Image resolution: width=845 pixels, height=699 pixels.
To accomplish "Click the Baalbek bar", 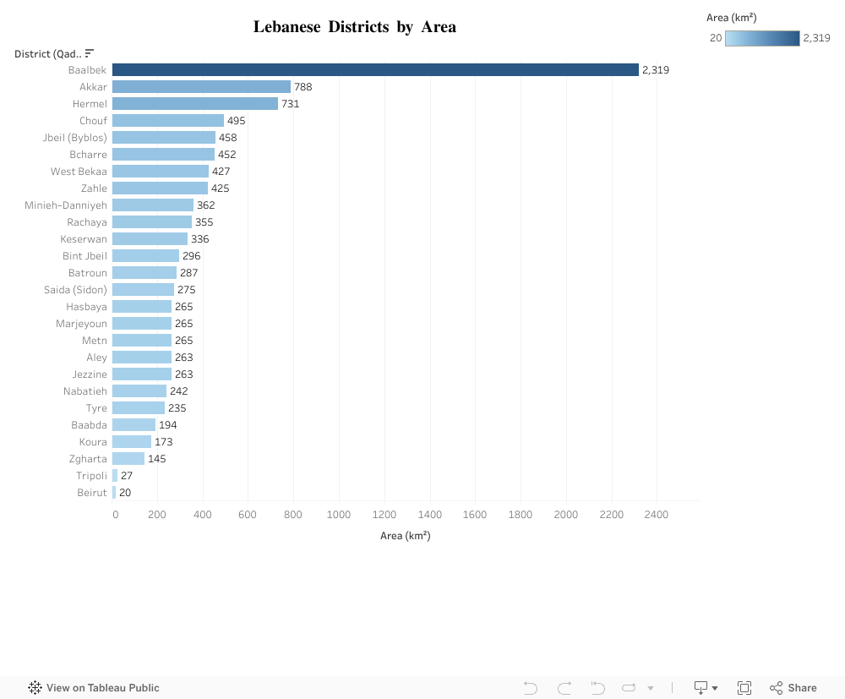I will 375,70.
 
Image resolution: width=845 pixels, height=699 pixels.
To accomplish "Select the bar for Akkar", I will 201,87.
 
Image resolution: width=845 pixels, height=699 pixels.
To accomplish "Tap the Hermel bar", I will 195,104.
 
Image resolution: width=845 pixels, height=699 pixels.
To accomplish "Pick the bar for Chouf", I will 168,121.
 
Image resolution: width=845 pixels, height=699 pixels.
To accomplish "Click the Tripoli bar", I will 115,476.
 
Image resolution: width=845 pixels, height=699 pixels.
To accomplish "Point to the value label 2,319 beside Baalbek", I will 655,70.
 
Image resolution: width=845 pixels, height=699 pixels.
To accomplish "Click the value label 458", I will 227,138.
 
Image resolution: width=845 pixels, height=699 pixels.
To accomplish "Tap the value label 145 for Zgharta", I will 156,459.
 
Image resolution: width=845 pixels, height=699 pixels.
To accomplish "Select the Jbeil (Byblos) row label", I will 75,138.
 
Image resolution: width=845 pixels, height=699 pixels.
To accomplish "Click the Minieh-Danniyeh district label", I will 66,205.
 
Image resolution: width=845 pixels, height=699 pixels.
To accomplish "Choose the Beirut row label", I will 92,493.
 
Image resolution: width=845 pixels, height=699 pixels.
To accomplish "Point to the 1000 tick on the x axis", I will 339,515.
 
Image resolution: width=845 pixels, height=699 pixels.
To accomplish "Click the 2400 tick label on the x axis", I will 656,515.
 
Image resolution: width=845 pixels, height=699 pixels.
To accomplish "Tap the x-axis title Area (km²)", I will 405,536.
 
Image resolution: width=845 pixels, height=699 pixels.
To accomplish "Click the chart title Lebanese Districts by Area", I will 354,27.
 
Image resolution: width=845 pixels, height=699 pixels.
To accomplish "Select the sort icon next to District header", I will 90,54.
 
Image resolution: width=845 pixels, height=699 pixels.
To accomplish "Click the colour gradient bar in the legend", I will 762,38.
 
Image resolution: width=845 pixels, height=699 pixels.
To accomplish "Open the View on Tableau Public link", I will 94,688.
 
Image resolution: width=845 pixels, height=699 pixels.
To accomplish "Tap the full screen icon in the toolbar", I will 744,688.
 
